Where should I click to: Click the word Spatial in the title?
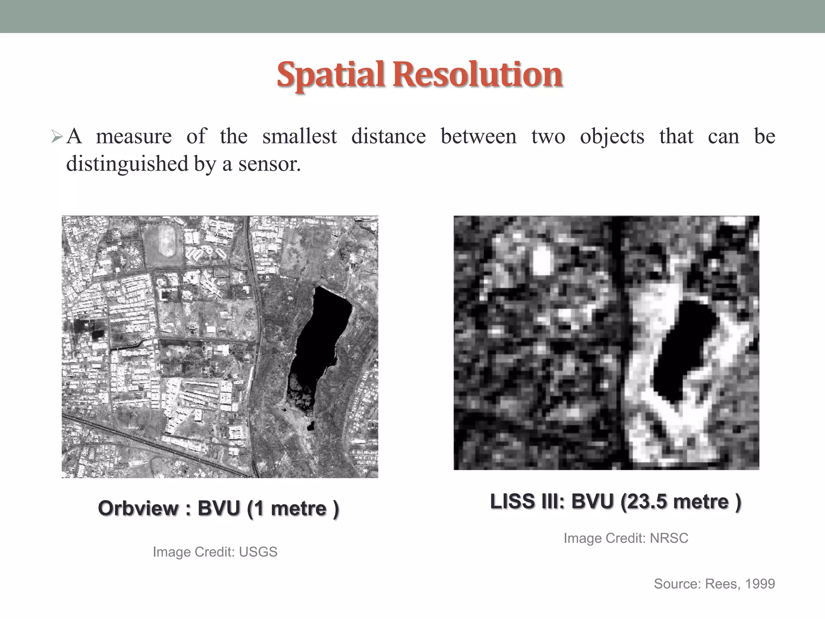tap(330, 75)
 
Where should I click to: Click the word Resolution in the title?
tap(482, 75)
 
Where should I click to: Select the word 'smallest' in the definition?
tap(299, 136)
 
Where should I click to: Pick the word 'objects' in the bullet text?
tap(612, 136)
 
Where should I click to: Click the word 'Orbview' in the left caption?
tap(138, 508)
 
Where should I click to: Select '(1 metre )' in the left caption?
tap(292, 508)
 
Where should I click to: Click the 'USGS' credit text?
tap(258, 552)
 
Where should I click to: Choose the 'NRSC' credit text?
tap(669, 538)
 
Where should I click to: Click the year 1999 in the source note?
tap(760, 584)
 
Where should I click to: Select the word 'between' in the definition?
tap(478, 136)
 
